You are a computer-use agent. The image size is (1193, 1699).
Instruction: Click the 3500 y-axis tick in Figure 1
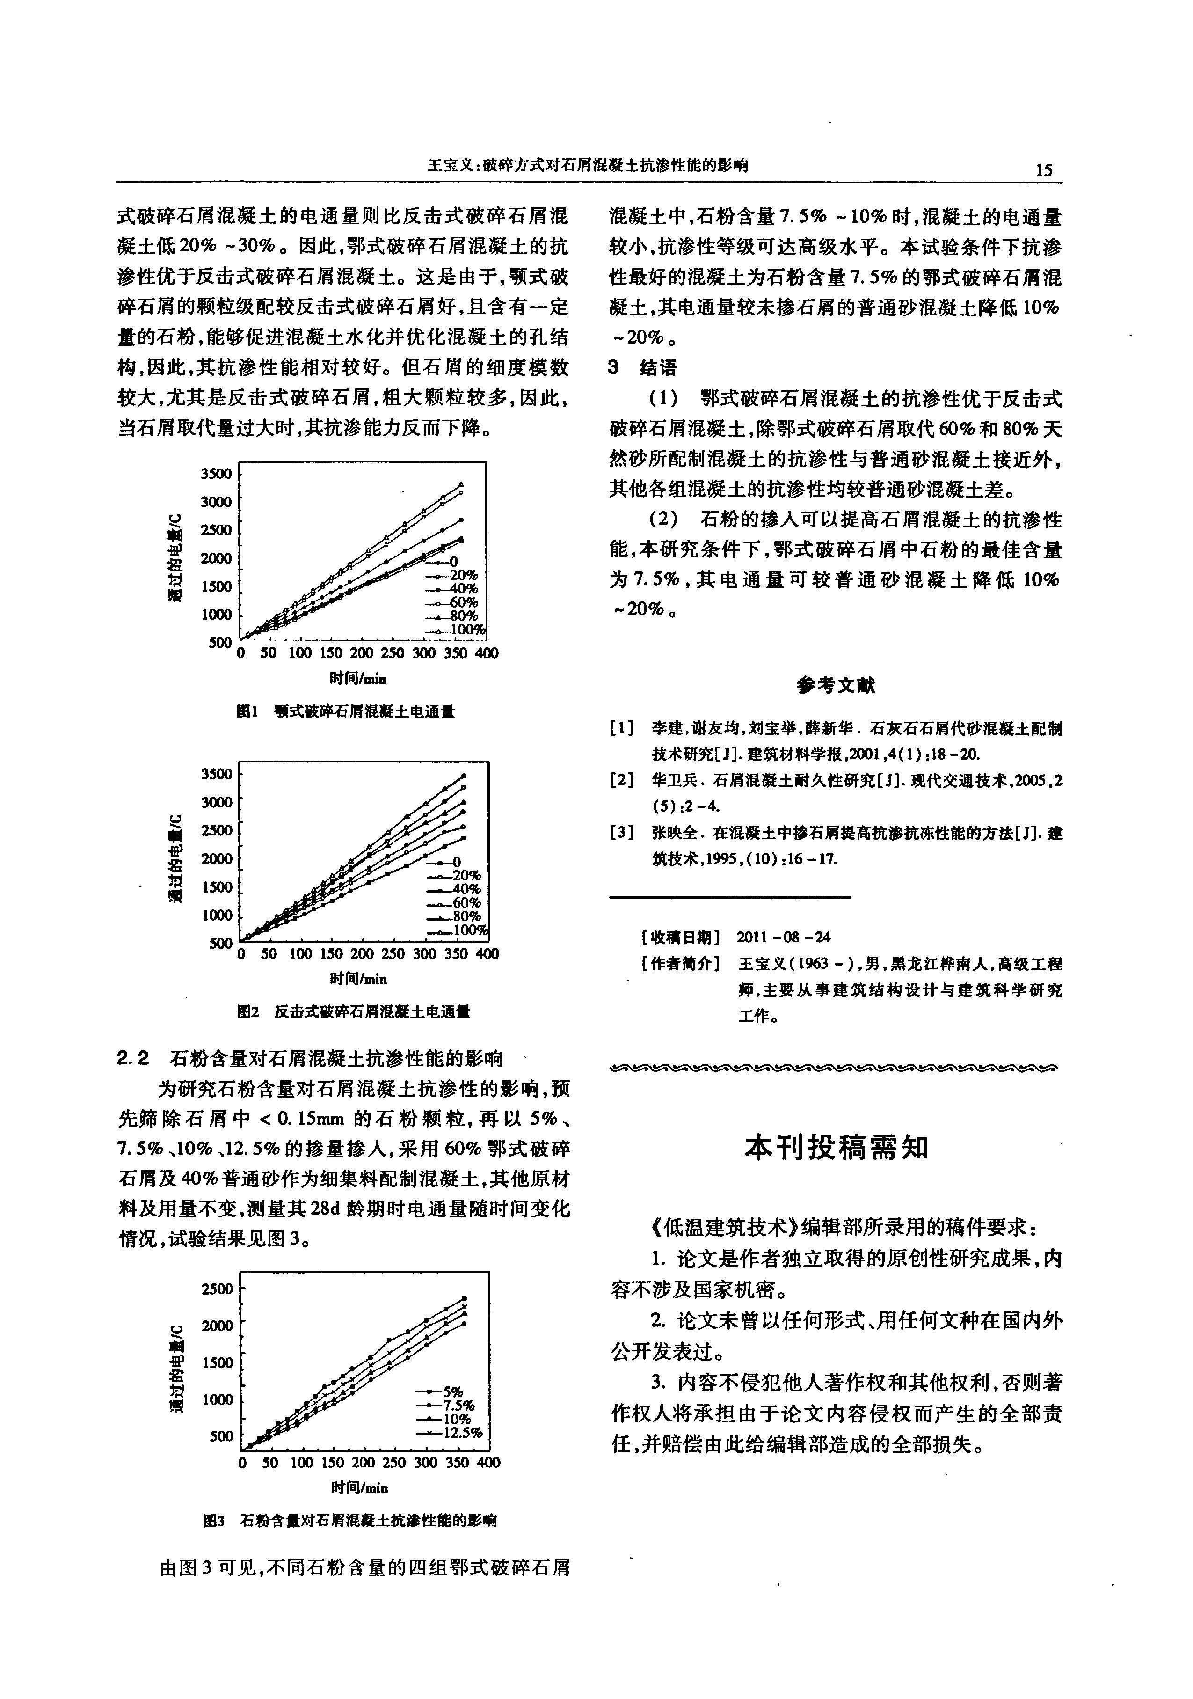click(x=216, y=474)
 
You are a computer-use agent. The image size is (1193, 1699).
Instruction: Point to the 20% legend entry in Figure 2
click(x=466, y=875)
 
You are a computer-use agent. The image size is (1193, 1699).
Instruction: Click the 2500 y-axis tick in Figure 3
click(x=217, y=1289)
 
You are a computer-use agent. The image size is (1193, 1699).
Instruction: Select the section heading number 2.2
click(x=133, y=1059)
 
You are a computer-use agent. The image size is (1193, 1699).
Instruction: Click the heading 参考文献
click(x=836, y=685)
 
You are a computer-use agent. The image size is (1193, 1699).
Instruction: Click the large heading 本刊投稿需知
click(x=836, y=1148)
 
